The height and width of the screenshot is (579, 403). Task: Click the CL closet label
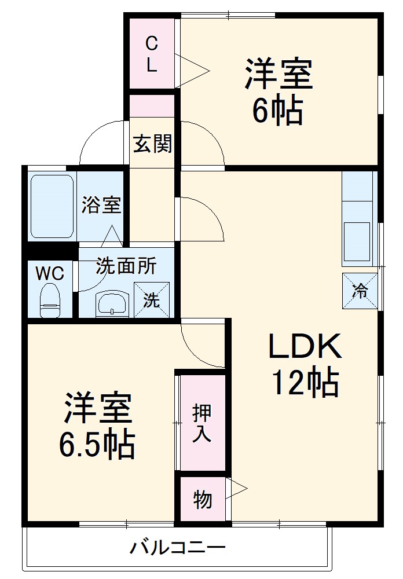coord(151,53)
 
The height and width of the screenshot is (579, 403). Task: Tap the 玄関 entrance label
coord(153,143)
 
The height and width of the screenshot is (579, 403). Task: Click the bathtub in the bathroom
coord(52,206)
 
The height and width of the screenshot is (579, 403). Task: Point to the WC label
coord(50,273)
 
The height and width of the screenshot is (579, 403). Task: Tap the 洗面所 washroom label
coord(126,266)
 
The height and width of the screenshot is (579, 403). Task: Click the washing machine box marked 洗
coord(152,300)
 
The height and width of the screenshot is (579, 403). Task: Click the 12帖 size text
coord(305,383)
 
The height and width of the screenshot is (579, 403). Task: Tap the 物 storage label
coord(202,499)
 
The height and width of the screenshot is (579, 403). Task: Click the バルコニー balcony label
coord(177,548)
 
